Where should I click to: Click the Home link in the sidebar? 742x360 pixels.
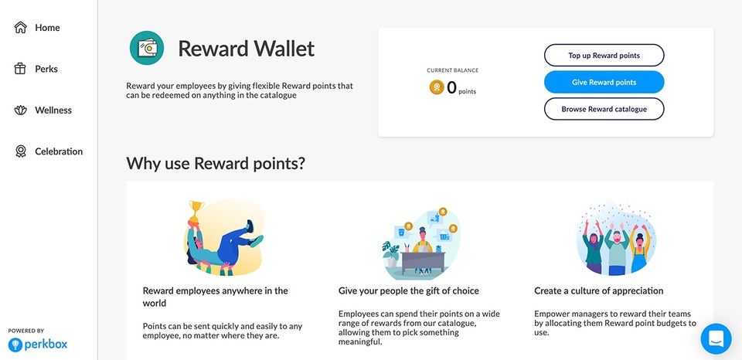tap(46, 28)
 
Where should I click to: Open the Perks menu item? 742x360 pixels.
tap(46, 69)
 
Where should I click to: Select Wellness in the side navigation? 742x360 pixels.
tap(53, 110)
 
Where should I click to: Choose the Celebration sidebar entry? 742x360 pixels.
tap(58, 151)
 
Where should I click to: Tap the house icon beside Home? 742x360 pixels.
tap(21, 28)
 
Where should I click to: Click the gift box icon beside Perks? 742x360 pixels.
tap(21, 69)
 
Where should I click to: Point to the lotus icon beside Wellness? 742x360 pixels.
tap(21, 110)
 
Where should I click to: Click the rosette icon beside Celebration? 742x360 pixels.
tap(21, 151)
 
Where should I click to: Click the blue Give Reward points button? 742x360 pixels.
tap(604, 83)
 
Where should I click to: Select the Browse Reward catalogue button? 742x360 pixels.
tap(604, 109)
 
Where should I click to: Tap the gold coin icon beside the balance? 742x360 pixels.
tap(437, 87)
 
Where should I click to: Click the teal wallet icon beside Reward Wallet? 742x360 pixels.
tap(147, 49)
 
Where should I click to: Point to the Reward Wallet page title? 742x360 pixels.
tap(246, 49)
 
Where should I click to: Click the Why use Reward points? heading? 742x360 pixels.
tap(216, 164)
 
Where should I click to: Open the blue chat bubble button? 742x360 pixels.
tap(716, 338)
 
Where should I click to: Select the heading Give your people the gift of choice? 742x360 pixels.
tap(409, 291)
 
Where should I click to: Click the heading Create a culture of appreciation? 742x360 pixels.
tap(598, 291)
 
